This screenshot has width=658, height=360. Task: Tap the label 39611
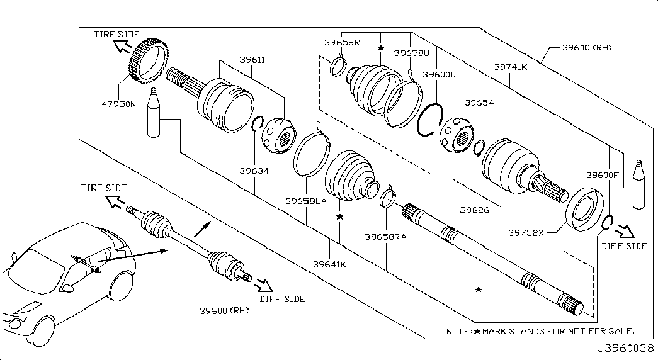point(252,60)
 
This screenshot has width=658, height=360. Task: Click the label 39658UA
point(306,201)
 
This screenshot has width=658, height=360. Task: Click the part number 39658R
point(342,43)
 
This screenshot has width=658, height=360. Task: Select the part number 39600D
point(439,75)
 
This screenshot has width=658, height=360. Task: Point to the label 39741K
point(510,65)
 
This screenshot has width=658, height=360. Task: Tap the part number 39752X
point(526,232)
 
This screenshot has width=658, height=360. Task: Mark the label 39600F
point(603,175)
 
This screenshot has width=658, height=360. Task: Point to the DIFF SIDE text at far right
point(624,246)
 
